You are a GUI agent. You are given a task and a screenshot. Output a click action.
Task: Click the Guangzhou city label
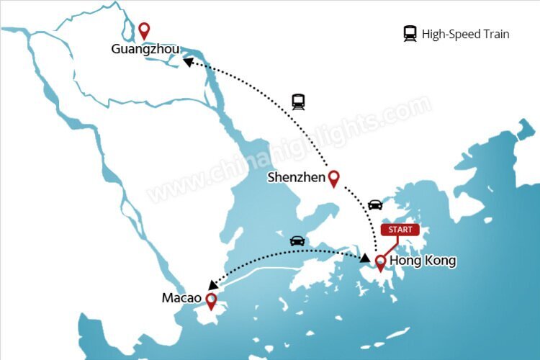145,50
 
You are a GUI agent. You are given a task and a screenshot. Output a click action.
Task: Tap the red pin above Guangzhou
144,31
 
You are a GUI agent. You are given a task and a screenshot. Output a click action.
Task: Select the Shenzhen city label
296,177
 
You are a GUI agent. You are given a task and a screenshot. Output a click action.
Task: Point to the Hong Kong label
422,261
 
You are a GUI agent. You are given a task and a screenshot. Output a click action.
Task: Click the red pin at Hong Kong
380,262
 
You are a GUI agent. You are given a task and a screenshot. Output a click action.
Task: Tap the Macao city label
181,298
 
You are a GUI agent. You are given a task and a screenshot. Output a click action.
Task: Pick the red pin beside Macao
211,300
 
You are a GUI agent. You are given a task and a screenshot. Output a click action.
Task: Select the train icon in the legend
410,33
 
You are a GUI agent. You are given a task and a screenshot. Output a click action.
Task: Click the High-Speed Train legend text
465,34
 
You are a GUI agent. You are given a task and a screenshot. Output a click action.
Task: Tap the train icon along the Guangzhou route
298,102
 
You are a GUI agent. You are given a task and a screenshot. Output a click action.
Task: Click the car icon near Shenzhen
375,204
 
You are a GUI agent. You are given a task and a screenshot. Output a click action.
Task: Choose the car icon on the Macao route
296,240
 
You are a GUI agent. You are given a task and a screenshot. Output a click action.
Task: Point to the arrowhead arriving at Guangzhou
188,63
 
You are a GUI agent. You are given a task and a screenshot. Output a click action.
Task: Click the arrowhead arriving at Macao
214,285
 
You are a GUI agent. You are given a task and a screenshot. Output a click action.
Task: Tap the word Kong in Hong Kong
440,261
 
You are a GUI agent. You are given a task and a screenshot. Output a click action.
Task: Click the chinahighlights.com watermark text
288,151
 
